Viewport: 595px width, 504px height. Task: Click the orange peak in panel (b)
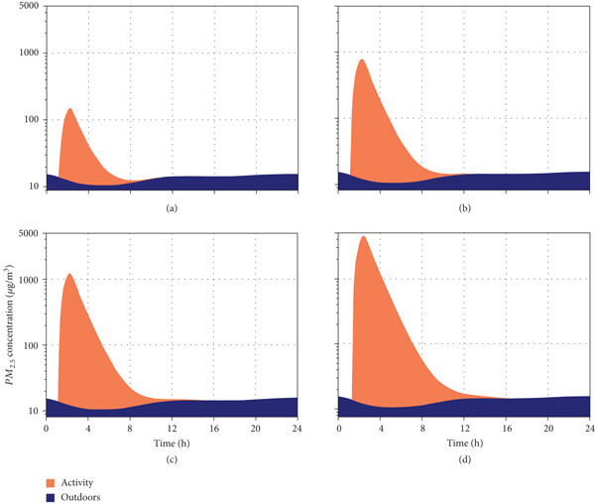click(x=361, y=61)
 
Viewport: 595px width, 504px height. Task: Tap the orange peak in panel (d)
click(x=363, y=237)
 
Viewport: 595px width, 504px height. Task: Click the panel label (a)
click(x=172, y=208)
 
